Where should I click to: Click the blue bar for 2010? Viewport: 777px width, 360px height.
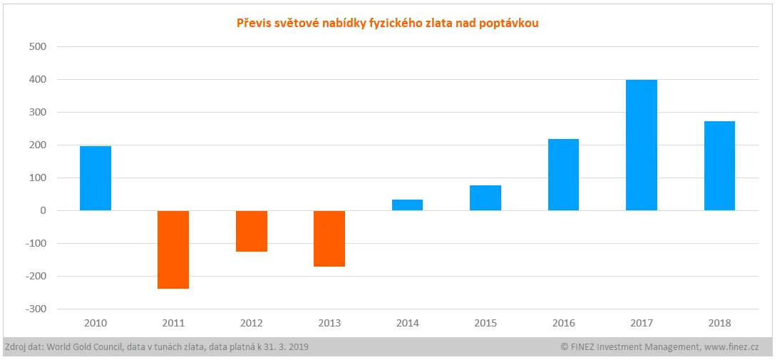pyautogui.click(x=96, y=178)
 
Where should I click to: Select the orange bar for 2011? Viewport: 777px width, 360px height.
pyautogui.click(x=173, y=250)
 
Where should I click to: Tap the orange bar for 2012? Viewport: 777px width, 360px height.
pyautogui.click(x=252, y=231)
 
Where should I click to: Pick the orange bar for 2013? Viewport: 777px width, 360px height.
pyautogui.click(x=329, y=238)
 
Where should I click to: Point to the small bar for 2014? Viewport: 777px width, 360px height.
pyautogui.click(x=407, y=205)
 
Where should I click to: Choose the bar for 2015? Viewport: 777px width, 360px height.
pyautogui.click(x=485, y=198)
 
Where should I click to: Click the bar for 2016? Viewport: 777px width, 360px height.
pyautogui.click(x=563, y=175)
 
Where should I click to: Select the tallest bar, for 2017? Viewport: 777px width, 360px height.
pyautogui.click(x=642, y=145)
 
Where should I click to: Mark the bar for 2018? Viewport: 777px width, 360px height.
pyautogui.click(x=719, y=166)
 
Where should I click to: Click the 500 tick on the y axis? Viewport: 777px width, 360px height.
pyautogui.click(x=36, y=47)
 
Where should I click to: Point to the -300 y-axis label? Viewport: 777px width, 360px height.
pyautogui.click(x=35, y=309)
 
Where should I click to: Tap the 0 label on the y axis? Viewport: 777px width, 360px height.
pyautogui.click(x=43, y=211)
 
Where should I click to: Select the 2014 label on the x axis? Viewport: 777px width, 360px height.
pyautogui.click(x=407, y=323)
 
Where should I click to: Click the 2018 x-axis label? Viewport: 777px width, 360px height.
pyautogui.click(x=719, y=323)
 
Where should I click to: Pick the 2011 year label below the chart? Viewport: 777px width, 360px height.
pyautogui.click(x=173, y=323)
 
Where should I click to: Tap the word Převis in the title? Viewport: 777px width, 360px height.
pyautogui.click(x=252, y=24)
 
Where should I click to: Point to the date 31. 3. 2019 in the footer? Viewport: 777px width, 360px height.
pyautogui.click(x=283, y=347)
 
